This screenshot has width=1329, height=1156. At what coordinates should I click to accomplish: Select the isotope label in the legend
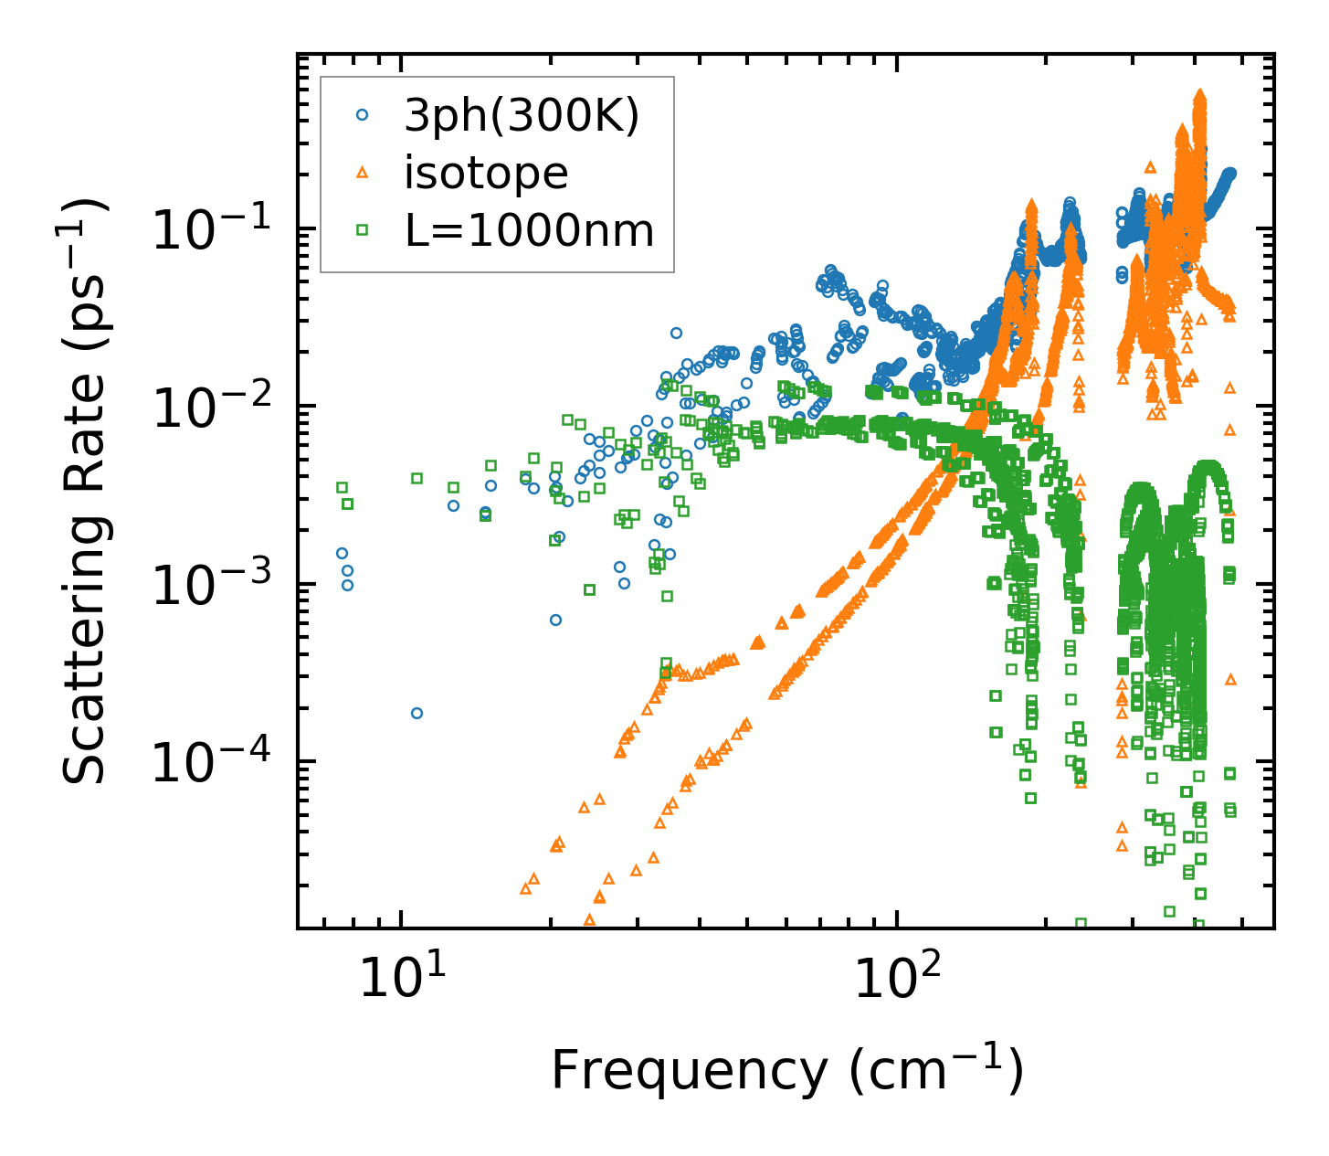(486, 173)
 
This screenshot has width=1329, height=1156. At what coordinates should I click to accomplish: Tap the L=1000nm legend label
(530, 230)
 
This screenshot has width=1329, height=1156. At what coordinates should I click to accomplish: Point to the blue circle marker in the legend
(363, 115)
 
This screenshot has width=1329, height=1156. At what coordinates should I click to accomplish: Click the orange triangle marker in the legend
(363, 172)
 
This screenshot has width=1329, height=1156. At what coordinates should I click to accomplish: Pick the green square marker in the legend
(363, 230)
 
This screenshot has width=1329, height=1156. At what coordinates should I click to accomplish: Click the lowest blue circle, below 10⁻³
(417, 713)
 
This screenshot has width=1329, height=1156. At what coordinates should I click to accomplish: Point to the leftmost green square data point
(342, 487)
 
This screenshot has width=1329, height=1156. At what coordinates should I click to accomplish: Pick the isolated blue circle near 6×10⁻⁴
(555, 620)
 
